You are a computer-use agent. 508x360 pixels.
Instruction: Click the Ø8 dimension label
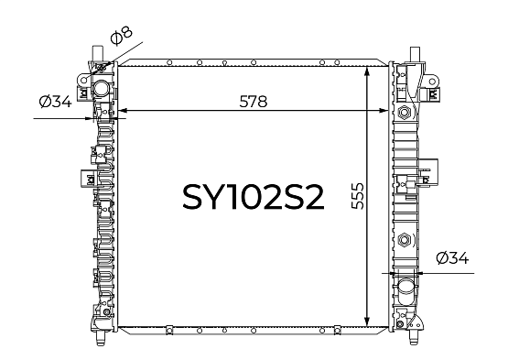coord(122,35)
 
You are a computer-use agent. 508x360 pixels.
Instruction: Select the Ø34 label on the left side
coord(55,102)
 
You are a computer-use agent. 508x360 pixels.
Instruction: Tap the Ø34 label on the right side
coord(452,258)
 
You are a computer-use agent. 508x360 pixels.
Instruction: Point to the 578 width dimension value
coord(254,102)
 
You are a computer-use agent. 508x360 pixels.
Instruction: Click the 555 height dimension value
coord(358,196)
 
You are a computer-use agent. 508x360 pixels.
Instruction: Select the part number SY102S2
coord(254,197)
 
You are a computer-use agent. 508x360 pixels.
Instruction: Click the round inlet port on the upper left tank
coord(101,88)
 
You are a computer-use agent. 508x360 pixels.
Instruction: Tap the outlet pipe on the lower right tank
coord(405,288)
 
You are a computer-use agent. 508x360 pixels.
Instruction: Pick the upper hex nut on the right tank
coord(404,113)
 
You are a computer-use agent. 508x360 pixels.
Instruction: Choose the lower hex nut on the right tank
coord(404,240)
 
